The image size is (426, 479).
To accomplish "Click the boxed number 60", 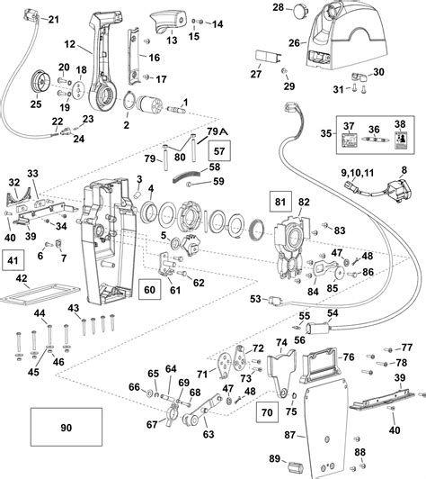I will tap(150, 290).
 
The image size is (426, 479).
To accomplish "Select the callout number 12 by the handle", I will tap(70, 44).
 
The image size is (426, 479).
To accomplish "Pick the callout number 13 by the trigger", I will tap(171, 41).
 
